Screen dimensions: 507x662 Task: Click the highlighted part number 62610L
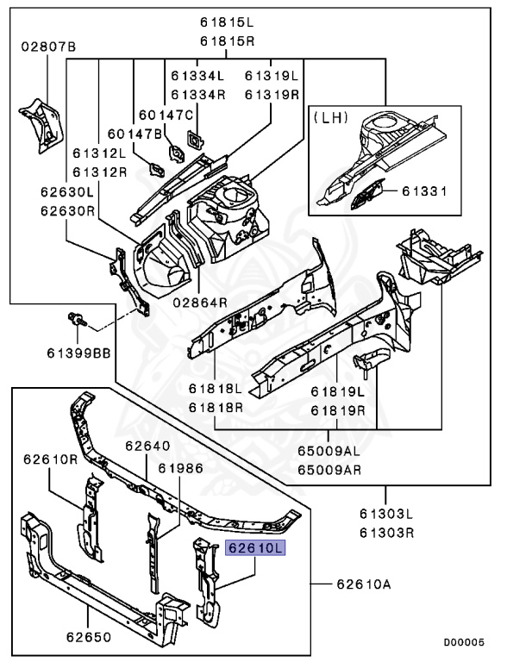(255, 548)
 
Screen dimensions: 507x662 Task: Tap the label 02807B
(49, 47)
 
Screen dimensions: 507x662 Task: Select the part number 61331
(423, 191)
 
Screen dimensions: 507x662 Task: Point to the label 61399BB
(78, 353)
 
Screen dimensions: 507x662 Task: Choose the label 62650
(89, 637)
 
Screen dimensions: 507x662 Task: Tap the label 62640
(147, 446)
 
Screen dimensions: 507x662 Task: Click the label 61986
(181, 468)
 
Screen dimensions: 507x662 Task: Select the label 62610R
(51, 459)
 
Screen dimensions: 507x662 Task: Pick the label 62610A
(364, 584)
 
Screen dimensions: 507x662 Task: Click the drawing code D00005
(464, 642)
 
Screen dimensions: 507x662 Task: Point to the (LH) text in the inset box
(331, 117)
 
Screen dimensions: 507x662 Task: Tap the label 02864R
(200, 303)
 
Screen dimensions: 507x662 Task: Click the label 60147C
(166, 115)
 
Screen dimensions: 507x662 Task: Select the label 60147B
(135, 134)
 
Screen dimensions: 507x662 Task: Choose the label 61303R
(386, 533)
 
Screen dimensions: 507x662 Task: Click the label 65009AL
(329, 451)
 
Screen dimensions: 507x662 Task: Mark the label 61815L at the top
(228, 22)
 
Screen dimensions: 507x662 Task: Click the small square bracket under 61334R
(195, 140)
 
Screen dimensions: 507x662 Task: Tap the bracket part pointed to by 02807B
(41, 125)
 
